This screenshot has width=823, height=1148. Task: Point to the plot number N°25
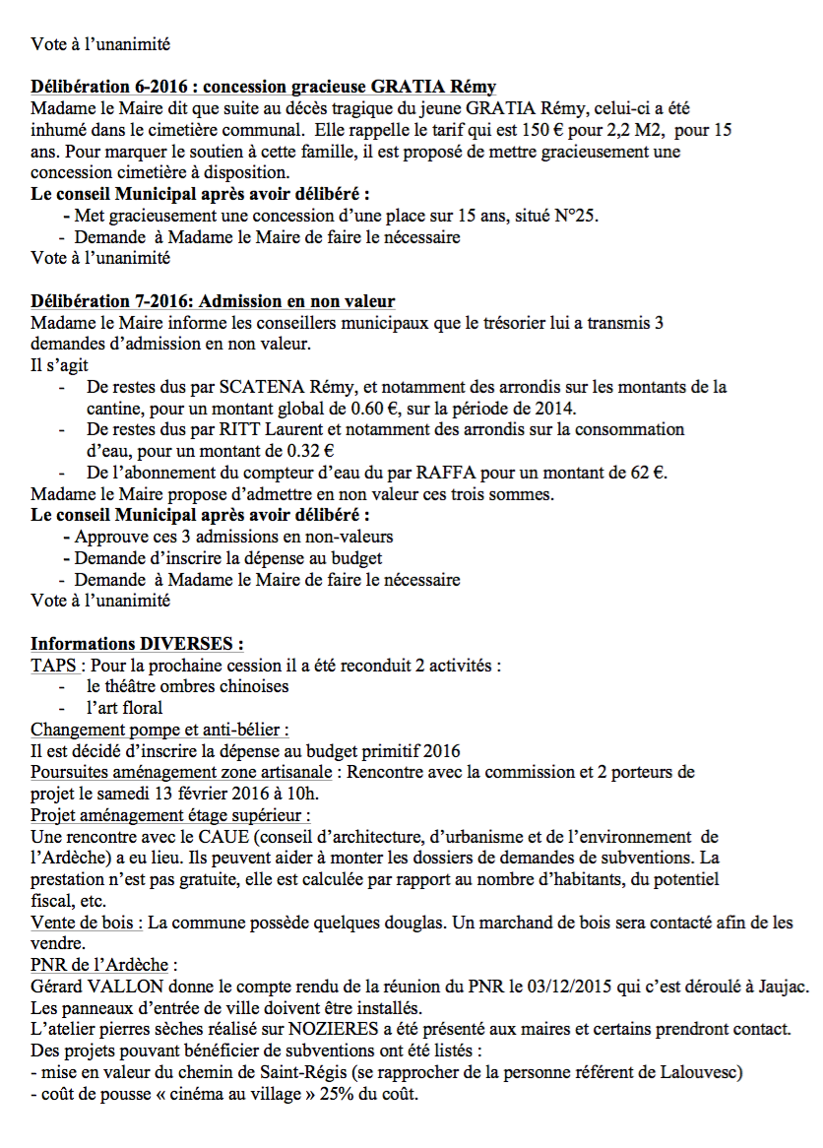(x=573, y=216)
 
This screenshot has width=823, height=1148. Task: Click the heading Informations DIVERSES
(x=137, y=644)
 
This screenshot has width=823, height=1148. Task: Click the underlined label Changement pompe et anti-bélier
(x=159, y=730)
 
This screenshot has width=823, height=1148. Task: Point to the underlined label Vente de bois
(x=86, y=923)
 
